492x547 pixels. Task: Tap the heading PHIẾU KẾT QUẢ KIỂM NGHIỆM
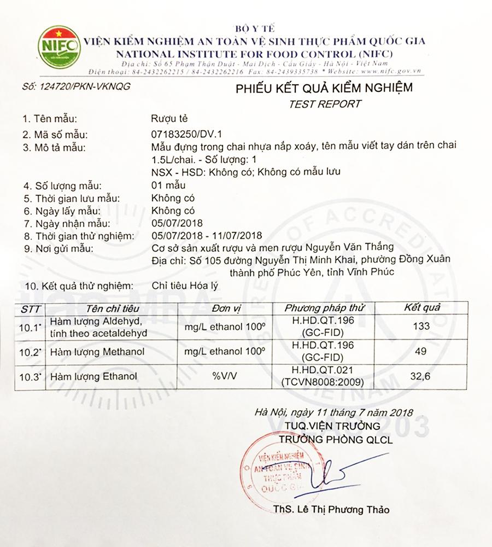[x=324, y=88]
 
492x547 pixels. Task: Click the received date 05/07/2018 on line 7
[x=176, y=223]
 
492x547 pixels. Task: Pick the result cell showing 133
[x=421, y=327]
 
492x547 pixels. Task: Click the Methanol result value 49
[x=421, y=352]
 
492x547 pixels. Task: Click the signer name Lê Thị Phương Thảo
[x=339, y=509]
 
